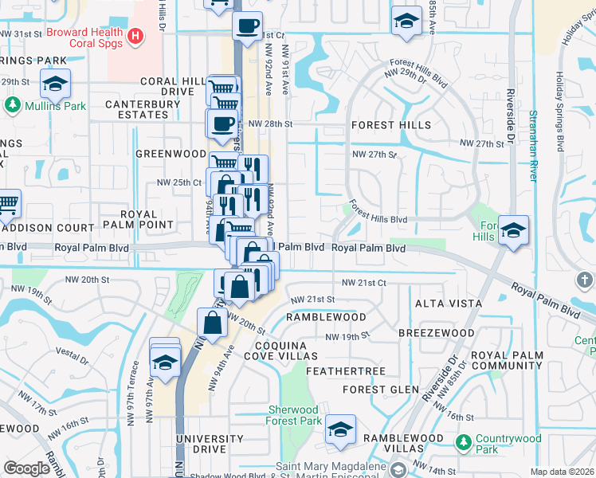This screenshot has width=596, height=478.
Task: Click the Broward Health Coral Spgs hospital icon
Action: (x=135, y=35)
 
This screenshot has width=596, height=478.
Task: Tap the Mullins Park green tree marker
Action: (x=13, y=105)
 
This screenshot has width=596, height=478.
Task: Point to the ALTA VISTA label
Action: (x=448, y=304)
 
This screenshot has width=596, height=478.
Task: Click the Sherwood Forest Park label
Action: (x=294, y=415)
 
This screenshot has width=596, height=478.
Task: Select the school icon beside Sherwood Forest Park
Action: (x=340, y=430)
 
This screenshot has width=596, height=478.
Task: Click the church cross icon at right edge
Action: (x=585, y=280)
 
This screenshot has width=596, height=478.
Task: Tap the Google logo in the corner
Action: (x=26, y=468)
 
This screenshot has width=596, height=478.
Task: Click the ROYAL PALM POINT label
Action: (x=158, y=220)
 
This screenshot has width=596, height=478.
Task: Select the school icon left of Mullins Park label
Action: (x=56, y=84)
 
